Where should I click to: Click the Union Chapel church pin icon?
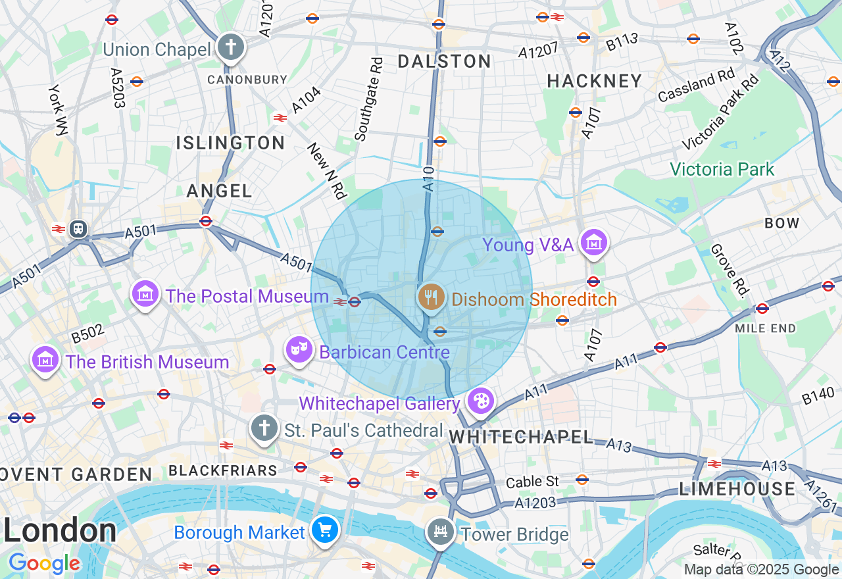click(230, 47)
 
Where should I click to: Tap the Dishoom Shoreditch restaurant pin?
click(430, 297)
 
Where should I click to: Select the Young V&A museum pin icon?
click(593, 242)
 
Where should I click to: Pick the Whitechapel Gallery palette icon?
click(481, 400)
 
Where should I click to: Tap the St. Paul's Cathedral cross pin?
click(264, 428)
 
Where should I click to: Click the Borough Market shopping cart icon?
click(325, 530)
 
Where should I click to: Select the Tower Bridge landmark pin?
click(440, 532)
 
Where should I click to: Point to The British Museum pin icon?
click(45, 360)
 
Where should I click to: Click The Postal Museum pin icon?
click(145, 293)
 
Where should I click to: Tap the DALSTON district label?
click(445, 62)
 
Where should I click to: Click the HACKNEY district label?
click(595, 81)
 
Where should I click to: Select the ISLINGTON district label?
click(230, 143)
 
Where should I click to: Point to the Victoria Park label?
click(722, 170)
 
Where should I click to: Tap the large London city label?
click(60, 530)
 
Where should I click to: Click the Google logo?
click(44, 564)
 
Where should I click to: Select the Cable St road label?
click(533, 482)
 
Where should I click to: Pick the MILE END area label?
click(765, 328)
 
